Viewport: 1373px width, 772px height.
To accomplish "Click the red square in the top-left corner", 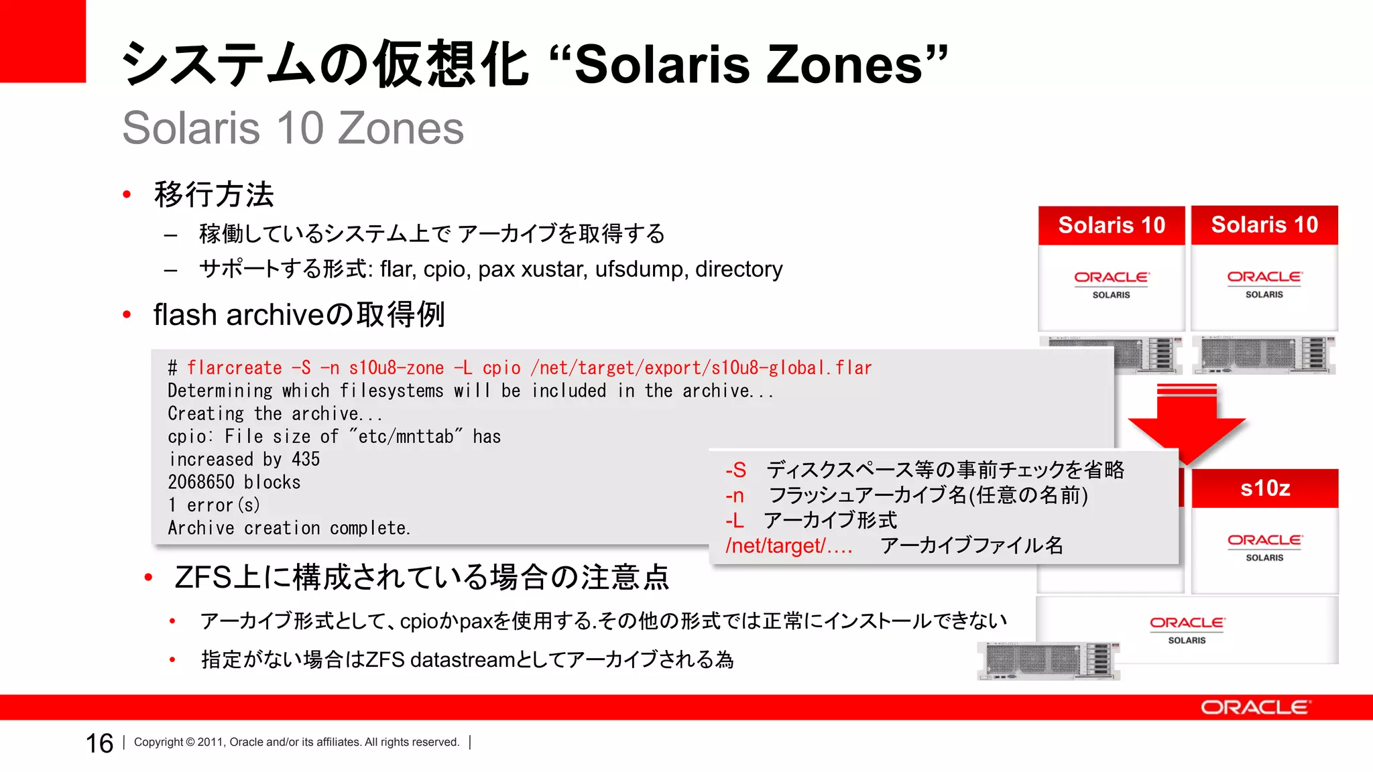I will [42, 41].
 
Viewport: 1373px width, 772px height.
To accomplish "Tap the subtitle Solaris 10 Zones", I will [293, 128].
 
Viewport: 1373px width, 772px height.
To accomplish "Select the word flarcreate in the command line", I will [234, 368].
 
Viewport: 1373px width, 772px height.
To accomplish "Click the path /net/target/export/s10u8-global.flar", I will [701, 368].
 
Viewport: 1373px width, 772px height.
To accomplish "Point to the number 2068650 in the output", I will [200, 482].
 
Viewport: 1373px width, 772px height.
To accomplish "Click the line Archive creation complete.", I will [288, 528].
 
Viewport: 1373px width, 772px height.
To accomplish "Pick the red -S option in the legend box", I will [735, 470].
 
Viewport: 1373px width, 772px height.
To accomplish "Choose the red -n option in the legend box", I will [734, 495].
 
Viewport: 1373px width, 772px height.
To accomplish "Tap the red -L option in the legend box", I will [734, 521].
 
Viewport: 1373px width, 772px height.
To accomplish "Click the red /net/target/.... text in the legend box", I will [788, 545].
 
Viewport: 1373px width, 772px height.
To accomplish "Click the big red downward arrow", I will [1187, 422].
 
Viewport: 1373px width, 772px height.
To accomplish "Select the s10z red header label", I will [1264, 488].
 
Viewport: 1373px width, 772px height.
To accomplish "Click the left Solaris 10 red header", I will [1111, 225].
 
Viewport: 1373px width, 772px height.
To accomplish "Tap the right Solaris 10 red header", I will [1264, 224].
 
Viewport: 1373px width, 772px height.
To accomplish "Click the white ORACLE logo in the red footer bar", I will [1254, 708].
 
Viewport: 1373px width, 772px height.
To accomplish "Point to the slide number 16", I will [99, 743].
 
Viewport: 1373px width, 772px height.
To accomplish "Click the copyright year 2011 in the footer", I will [210, 742].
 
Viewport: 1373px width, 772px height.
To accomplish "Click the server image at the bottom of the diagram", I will [1049, 660].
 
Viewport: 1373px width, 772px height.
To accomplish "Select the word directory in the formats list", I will [738, 269].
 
